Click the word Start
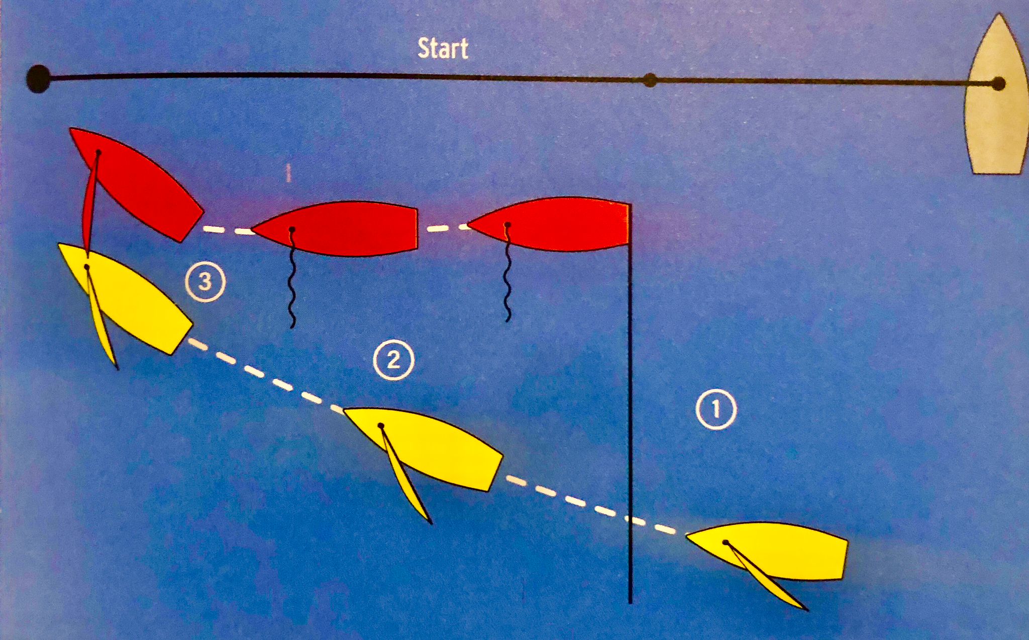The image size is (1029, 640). tap(443, 49)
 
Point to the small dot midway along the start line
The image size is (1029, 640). tap(650, 80)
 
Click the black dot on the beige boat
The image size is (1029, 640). tap(999, 84)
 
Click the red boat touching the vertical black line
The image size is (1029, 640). tap(549, 224)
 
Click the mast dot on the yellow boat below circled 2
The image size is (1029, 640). tap(381, 426)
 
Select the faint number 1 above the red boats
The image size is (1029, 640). tap(288, 174)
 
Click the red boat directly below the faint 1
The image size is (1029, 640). tap(335, 229)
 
